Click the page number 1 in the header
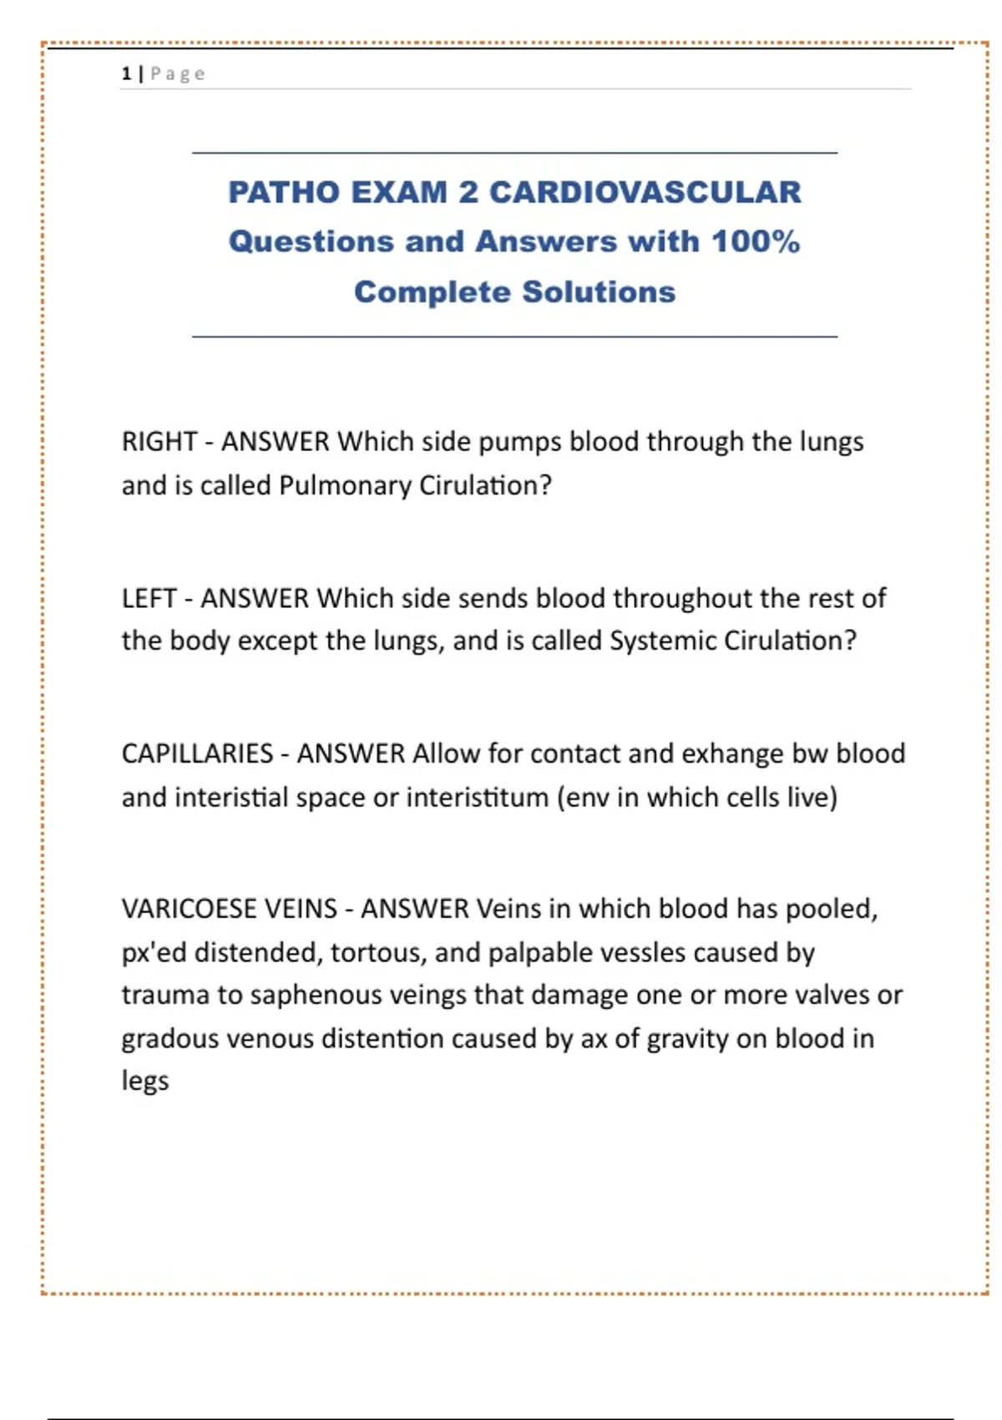point(126,74)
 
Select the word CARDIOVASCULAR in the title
point(645,192)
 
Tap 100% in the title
point(755,241)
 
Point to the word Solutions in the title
point(599,292)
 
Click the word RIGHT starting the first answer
point(159,441)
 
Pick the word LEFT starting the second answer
point(149,598)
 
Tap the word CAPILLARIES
point(197,753)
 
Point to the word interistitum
point(477,798)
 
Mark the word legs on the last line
point(145,1081)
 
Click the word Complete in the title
point(431,292)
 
